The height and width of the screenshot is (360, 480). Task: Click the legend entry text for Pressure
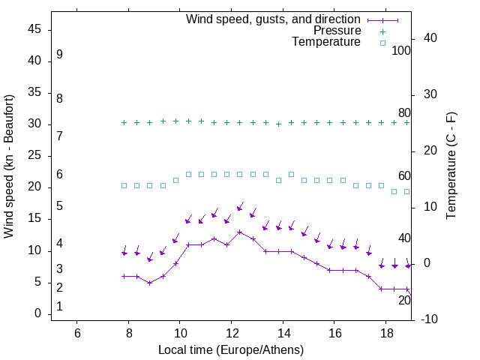[x=337, y=31]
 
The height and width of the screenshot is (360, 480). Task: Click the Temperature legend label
[x=326, y=43]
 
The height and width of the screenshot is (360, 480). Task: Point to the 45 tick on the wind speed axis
[x=34, y=30]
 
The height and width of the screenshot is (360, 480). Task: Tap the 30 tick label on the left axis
[x=34, y=124]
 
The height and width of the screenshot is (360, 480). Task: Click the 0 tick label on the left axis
[x=38, y=313]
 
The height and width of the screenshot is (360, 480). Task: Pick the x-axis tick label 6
[x=77, y=332]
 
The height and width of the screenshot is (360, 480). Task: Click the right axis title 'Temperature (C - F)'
[x=451, y=166]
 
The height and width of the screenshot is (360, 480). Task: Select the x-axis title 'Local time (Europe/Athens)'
[x=231, y=349]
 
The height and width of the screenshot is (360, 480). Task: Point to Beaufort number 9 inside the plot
[x=59, y=55]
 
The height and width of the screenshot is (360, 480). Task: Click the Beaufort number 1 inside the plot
[x=59, y=307]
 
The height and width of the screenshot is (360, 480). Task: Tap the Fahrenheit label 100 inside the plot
[x=401, y=51]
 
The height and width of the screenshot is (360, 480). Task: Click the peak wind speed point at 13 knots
[x=240, y=232]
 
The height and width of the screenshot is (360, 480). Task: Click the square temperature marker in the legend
[x=382, y=43]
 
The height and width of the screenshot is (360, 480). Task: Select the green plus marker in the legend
[x=382, y=31]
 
